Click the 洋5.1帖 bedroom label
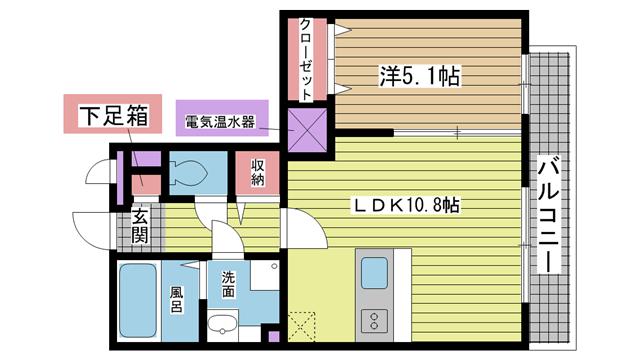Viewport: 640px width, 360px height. click(420, 76)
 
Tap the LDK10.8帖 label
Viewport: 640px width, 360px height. click(406, 205)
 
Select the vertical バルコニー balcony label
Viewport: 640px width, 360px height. click(548, 214)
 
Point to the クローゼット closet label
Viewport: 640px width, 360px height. click(306, 60)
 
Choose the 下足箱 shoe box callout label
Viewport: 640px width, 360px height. click(113, 115)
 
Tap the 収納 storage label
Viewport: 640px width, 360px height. click(258, 172)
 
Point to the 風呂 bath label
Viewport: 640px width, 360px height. click(177, 299)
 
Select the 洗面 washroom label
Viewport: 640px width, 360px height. click(229, 284)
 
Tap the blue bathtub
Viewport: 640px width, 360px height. click(138, 300)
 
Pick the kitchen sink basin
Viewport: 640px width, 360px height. click(374, 273)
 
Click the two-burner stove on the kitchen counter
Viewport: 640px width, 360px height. click(374, 320)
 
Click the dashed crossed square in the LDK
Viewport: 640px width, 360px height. click(302, 327)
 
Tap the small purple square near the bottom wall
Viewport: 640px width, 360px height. click(274, 337)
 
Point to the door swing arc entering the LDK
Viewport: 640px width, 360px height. click(310, 224)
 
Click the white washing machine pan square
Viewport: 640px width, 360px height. click(264, 276)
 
